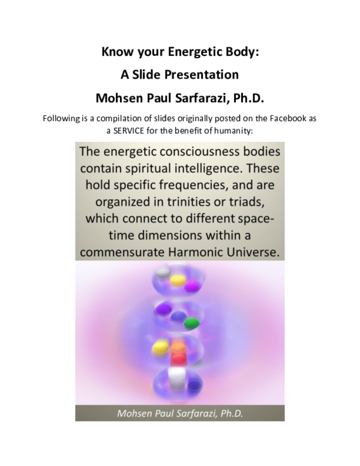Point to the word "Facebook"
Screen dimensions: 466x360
pos(278,118)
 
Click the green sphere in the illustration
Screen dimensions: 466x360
pos(191,324)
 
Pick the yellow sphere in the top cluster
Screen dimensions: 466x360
pos(179,280)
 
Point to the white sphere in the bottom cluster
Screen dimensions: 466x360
pos(176,375)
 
